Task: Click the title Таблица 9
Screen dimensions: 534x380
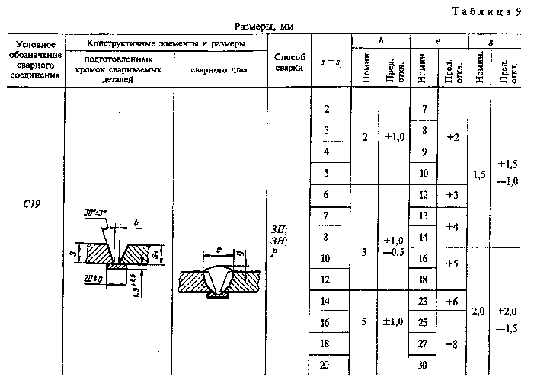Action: pos(486,11)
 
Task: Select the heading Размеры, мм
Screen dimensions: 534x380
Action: pos(264,26)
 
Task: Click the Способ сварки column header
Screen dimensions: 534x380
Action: pos(289,62)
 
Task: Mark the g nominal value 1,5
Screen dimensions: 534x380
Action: pos(479,174)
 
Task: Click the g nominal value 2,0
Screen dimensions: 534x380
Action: pos(479,311)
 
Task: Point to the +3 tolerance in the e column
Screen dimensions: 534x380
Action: pos(452,196)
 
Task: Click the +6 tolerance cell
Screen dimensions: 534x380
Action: pos(452,302)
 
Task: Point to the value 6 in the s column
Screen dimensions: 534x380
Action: pos(327,195)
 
